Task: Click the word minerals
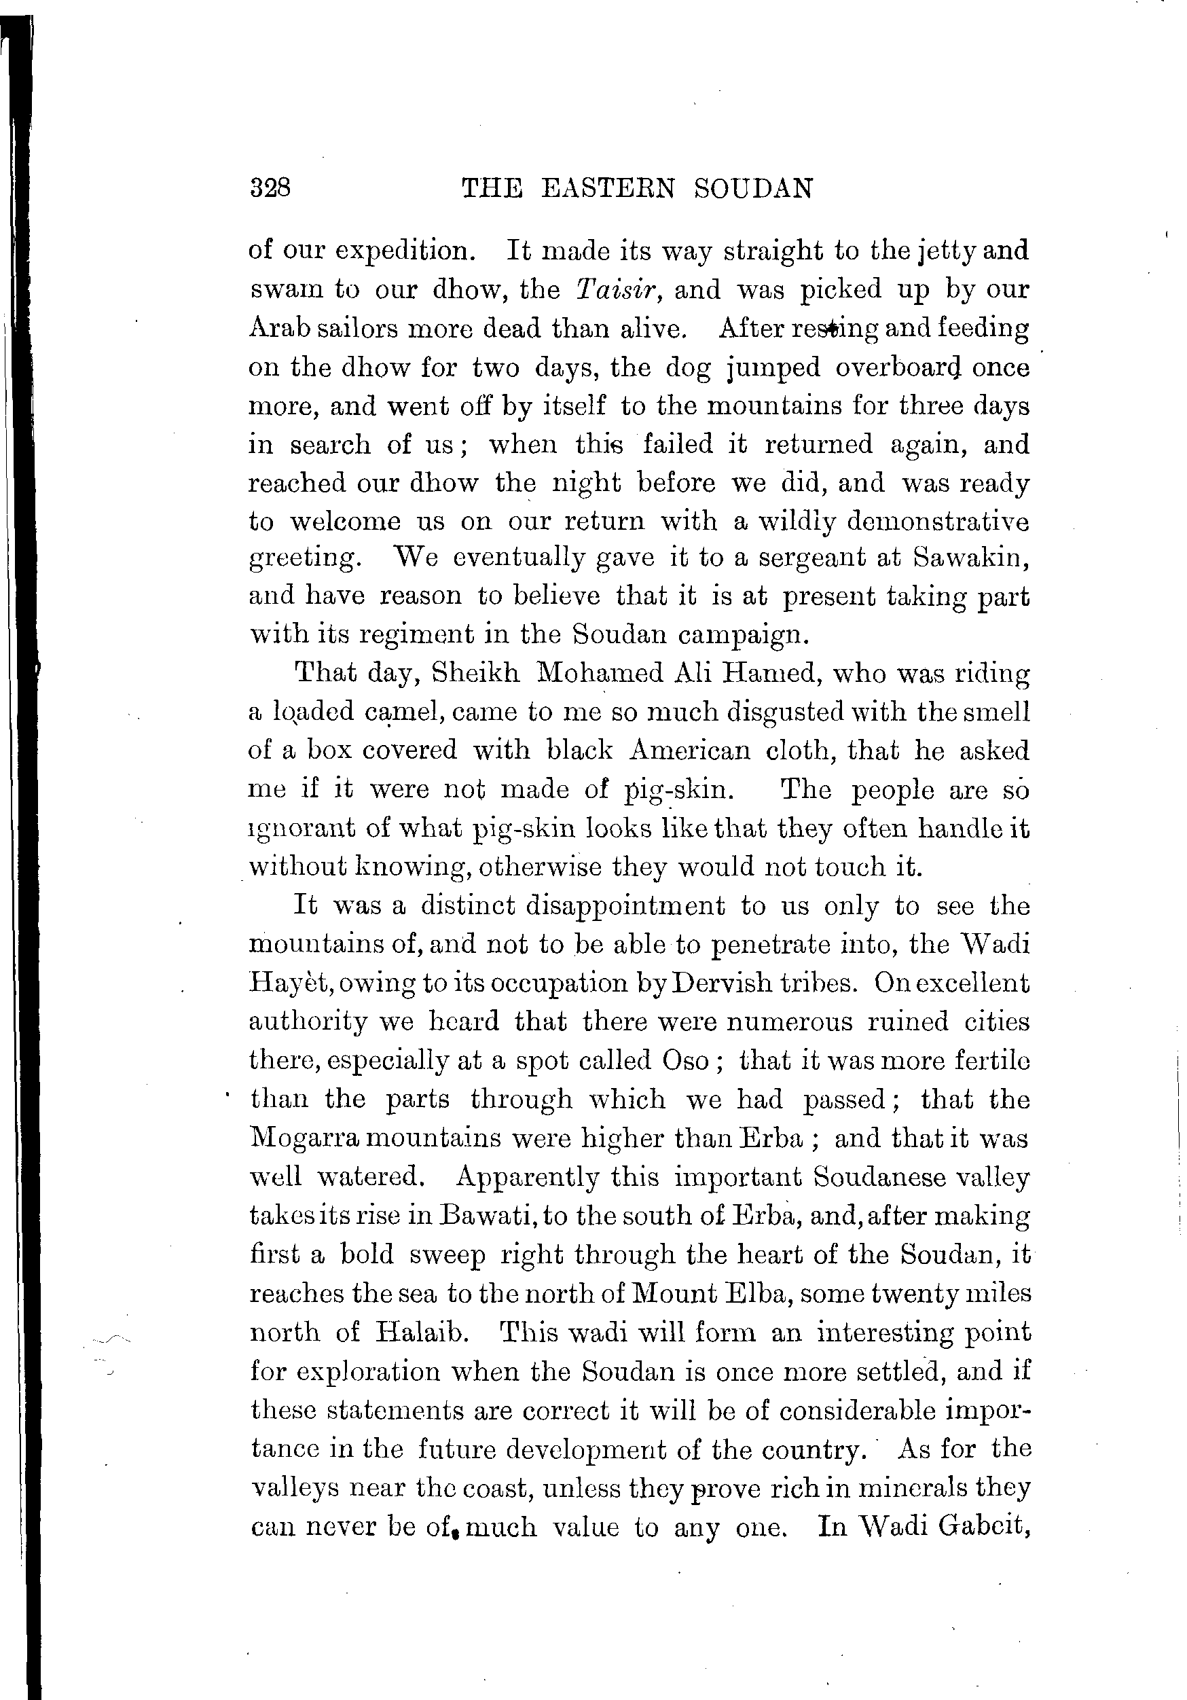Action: click(915, 1487)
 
